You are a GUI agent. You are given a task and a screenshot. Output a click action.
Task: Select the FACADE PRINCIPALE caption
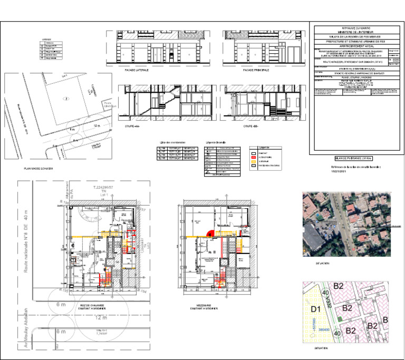pyautogui.click(x=256, y=70)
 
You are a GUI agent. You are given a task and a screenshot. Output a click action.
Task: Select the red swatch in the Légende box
pyautogui.click(x=253, y=157)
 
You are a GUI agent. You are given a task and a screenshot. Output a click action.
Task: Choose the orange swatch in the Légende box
pyautogui.click(x=253, y=161)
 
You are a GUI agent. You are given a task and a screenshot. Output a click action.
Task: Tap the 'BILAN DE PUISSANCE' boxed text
pyautogui.click(x=350, y=158)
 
